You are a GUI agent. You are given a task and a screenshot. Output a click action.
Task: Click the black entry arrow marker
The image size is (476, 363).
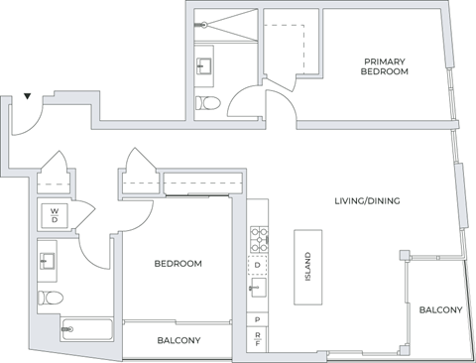tap(28, 96)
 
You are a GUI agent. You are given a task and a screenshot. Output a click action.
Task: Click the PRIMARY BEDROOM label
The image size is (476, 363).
tap(386, 65)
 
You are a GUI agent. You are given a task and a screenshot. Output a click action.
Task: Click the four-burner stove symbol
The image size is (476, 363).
tap(258, 238)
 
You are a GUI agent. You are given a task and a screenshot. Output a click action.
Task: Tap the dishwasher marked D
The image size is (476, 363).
tap(258, 265)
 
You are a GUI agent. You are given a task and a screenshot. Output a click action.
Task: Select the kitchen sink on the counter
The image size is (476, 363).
tap(259, 289)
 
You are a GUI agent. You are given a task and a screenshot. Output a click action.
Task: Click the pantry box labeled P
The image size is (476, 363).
tap(258, 319)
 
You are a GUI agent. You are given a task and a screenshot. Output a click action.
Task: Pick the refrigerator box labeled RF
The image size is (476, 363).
tap(258, 340)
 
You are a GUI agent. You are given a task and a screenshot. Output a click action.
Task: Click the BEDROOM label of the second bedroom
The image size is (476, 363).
tap(178, 264)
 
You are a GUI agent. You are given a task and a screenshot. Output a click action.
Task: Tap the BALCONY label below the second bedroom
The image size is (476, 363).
tap(178, 340)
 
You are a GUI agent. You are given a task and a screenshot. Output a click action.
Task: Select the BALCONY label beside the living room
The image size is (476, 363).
tap(439, 310)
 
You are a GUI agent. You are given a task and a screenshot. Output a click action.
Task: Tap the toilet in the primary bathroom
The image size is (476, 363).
tap(208, 102)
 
